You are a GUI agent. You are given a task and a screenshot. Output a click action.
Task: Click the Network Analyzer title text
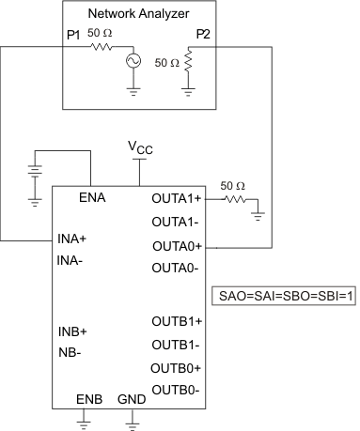tap(138, 14)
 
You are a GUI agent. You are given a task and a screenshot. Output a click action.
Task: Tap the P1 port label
tap(73, 35)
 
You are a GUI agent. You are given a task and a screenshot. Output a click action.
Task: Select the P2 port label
tap(203, 35)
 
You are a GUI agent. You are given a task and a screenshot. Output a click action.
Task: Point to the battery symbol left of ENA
tap(36, 175)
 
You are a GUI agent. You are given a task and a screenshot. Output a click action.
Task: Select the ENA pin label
tap(91, 198)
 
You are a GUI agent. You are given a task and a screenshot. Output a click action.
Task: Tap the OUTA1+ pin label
tap(178, 199)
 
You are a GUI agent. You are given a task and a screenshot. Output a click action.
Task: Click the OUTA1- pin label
tap(176, 223)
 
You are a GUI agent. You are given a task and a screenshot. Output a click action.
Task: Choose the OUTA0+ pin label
tap(178, 245)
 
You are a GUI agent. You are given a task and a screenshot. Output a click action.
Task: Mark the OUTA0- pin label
tap(176, 268)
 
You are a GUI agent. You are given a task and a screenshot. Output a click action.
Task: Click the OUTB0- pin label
tap(176, 389)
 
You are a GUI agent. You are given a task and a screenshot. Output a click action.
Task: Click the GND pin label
tap(132, 400)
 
